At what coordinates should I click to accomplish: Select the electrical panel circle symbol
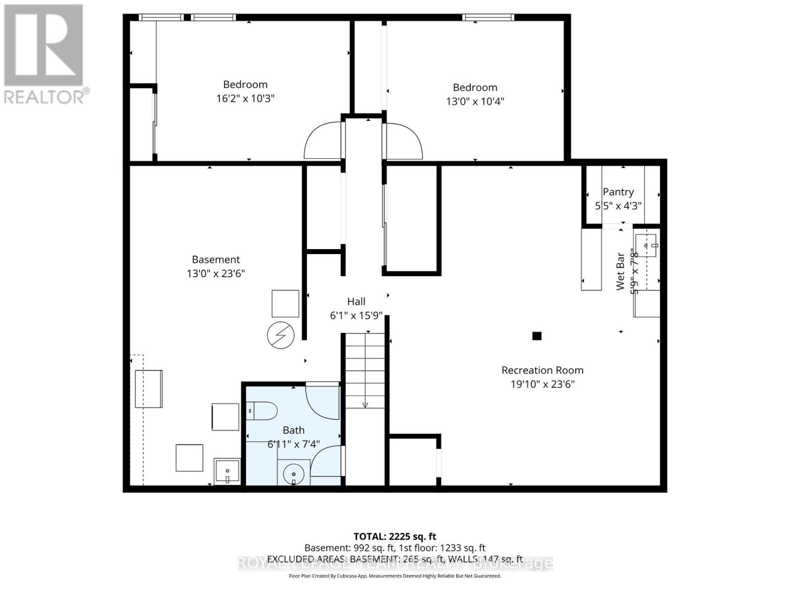tap(280, 336)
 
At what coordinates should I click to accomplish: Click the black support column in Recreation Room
tap(537, 336)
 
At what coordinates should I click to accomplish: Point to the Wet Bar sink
tap(646, 245)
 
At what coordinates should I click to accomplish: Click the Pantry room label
tap(618, 192)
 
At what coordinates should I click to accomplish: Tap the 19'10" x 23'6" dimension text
tap(542, 384)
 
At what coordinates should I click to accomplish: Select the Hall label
tap(356, 301)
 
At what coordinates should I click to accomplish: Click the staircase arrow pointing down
tap(365, 405)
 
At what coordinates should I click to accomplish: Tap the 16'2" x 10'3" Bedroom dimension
tap(245, 98)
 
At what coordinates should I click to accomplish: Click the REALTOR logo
tap(44, 54)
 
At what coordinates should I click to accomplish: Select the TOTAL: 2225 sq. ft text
tap(395, 536)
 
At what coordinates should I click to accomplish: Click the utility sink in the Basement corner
tap(227, 471)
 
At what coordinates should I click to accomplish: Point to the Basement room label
tap(216, 259)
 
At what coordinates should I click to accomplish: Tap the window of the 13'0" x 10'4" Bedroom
tap(488, 18)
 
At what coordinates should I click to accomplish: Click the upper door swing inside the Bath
tap(322, 401)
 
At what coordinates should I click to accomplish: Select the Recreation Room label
tap(542, 370)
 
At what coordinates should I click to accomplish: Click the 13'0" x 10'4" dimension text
tap(474, 101)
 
